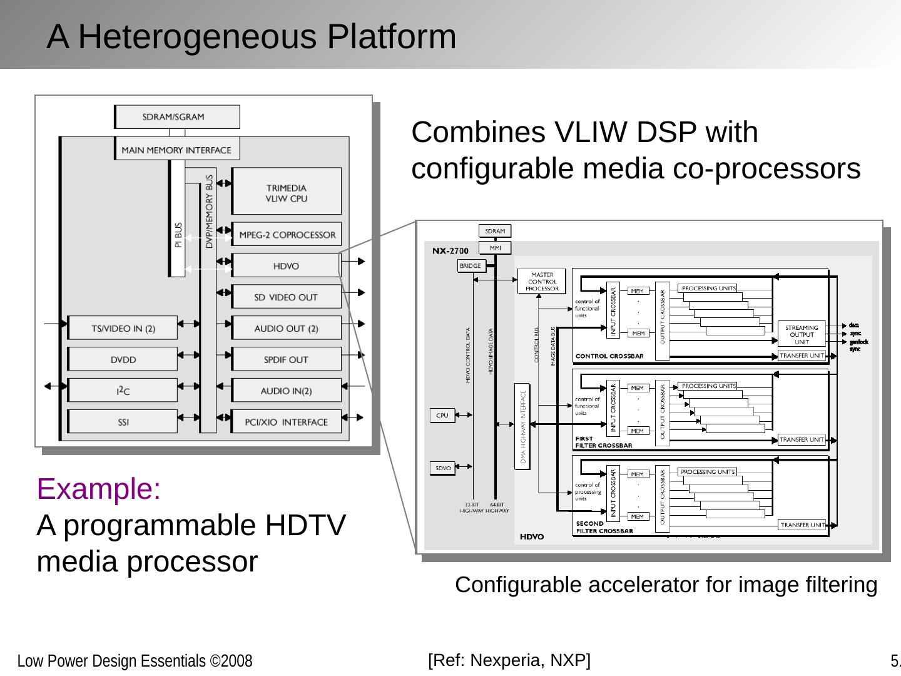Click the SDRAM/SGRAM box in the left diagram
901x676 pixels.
pyautogui.click(x=177, y=117)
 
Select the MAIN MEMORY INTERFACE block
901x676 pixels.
pyautogui.click(x=177, y=150)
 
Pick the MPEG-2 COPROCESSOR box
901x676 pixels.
pyautogui.click(x=287, y=235)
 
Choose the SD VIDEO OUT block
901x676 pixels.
pyautogui.click(x=287, y=297)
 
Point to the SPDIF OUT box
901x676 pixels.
pyautogui.click(x=287, y=360)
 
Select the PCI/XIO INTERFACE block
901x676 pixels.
pyautogui.click(x=287, y=422)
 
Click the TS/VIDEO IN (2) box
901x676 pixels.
pyautogui.click(x=123, y=328)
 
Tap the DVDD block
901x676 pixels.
pyautogui.click(x=123, y=359)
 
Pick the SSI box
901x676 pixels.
pyautogui.click(x=123, y=422)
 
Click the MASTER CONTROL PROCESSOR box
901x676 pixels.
pyautogui.click(x=542, y=282)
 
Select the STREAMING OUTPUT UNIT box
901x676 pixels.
pyautogui.click(x=802, y=335)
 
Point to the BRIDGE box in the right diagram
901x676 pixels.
pyautogui.click(x=471, y=266)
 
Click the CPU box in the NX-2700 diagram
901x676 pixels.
pyautogui.click(x=442, y=415)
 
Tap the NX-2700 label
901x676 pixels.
pyautogui.click(x=450, y=251)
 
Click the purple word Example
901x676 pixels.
pyautogui.click(x=99, y=489)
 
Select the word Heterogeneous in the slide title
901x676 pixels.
pyautogui.click(x=200, y=36)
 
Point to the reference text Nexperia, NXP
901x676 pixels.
pyautogui.click(x=529, y=660)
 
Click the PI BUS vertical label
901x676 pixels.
pyautogui.click(x=178, y=235)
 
